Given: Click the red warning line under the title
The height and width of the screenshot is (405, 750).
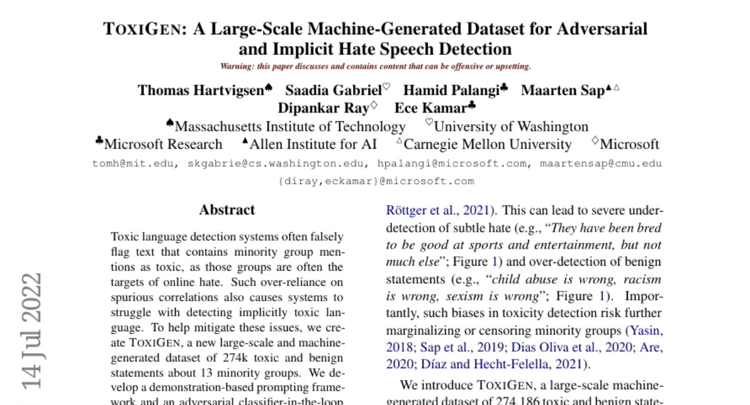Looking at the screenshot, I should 376,66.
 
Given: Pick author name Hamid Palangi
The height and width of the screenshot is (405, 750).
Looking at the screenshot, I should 451,90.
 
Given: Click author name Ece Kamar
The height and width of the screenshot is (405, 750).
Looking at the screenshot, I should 431,107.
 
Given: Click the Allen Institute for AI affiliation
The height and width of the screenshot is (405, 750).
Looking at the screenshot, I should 313,144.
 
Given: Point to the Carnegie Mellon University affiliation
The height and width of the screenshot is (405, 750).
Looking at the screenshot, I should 487,144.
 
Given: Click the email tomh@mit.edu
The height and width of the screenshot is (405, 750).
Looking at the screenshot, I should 134,164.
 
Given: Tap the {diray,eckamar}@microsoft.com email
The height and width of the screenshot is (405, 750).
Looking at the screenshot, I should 376,181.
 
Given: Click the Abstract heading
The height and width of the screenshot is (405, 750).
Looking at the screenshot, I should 227,210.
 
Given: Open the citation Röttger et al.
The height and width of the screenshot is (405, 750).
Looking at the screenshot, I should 422,211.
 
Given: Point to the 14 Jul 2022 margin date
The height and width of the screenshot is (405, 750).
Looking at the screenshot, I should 31,331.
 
